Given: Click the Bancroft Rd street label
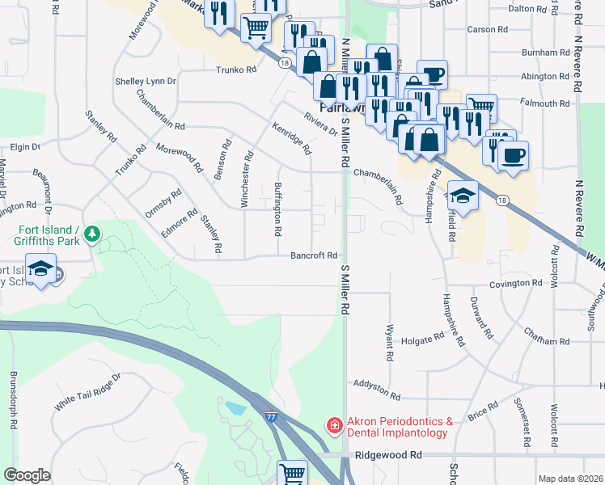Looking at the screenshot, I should pos(314,256).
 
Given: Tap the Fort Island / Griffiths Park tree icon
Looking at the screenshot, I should pos(93,234).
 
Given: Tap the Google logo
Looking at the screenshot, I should pos(27,475).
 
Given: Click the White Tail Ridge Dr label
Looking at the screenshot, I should pos(87,390).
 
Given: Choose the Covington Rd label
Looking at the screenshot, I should pos(515,284).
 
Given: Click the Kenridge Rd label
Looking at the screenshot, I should pos(292,138).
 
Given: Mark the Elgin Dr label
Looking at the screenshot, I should pos(24,146).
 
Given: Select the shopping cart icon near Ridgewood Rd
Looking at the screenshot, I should pos(292,474).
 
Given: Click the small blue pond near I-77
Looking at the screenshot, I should pos(235,407).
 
